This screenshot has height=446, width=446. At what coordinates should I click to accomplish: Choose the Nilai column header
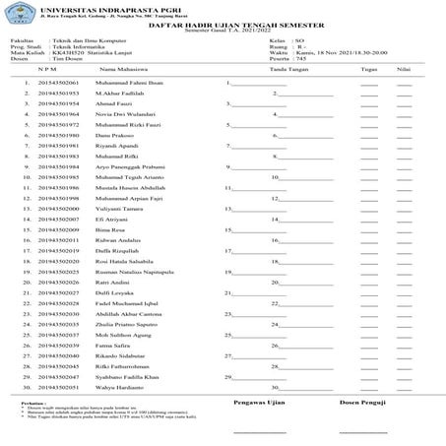pos(404,70)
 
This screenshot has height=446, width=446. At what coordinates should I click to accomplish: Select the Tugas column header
pos(369,70)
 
